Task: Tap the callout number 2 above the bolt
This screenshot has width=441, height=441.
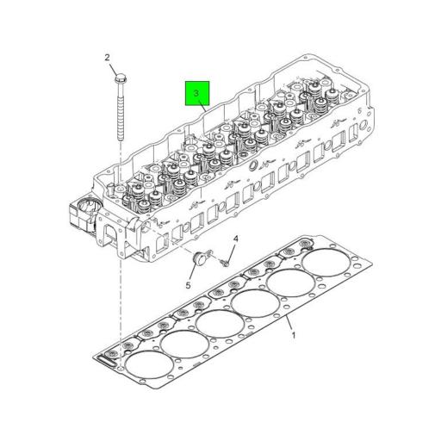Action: (108, 59)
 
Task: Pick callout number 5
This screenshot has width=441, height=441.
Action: (189, 284)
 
